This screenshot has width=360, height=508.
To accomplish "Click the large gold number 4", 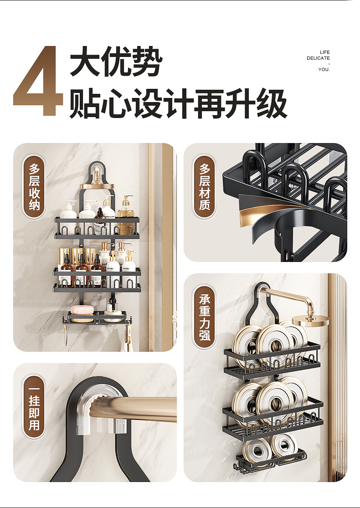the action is pos(38,81).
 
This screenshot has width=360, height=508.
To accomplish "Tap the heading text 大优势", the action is pos(116,61).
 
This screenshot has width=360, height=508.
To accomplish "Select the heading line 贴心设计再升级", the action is pos(178,103).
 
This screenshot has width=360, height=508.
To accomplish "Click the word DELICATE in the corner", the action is pos(318,58).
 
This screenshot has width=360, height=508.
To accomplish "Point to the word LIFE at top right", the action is pos(324,52).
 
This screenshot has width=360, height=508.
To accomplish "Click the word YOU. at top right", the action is pos(324,69).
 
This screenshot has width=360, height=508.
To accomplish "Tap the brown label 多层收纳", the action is pos(34,187).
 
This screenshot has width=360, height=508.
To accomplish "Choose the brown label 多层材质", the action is pos(205,187).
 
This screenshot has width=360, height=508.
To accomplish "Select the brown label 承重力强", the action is pos(205,317).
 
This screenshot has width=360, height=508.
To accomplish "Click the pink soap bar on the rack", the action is pos(81,310).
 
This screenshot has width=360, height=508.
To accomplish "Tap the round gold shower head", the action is pos(310,320).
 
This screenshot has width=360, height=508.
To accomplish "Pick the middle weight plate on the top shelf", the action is pos(274,344).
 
